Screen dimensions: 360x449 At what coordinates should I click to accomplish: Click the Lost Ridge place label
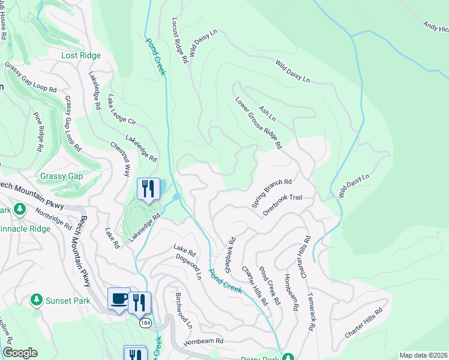click(x=81, y=55)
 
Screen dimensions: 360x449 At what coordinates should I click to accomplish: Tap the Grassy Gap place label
click(x=62, y=176)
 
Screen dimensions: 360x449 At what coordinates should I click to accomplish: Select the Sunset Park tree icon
click(x=36, y=299)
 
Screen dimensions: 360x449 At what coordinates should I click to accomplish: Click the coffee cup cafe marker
click(x=119, y=299)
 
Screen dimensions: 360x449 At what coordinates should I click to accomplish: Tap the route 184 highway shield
click(x=145, y=323)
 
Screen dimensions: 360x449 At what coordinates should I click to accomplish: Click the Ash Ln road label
click(x=267, y=113)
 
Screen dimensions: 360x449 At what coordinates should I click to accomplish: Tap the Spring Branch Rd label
click(x=271, y=193)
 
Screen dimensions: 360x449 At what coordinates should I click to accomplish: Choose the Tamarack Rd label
click(x=311, y=311)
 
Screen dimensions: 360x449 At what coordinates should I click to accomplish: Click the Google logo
click(x=19, y=353)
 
